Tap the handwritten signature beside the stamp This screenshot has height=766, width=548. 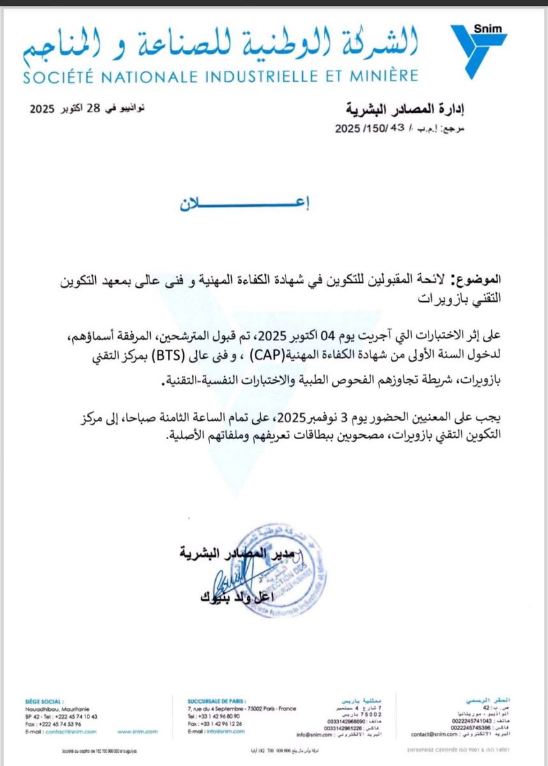pos(227,578)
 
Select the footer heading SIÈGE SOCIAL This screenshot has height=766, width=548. pos(45,701)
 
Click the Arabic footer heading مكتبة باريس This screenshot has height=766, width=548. pos(358,701)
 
